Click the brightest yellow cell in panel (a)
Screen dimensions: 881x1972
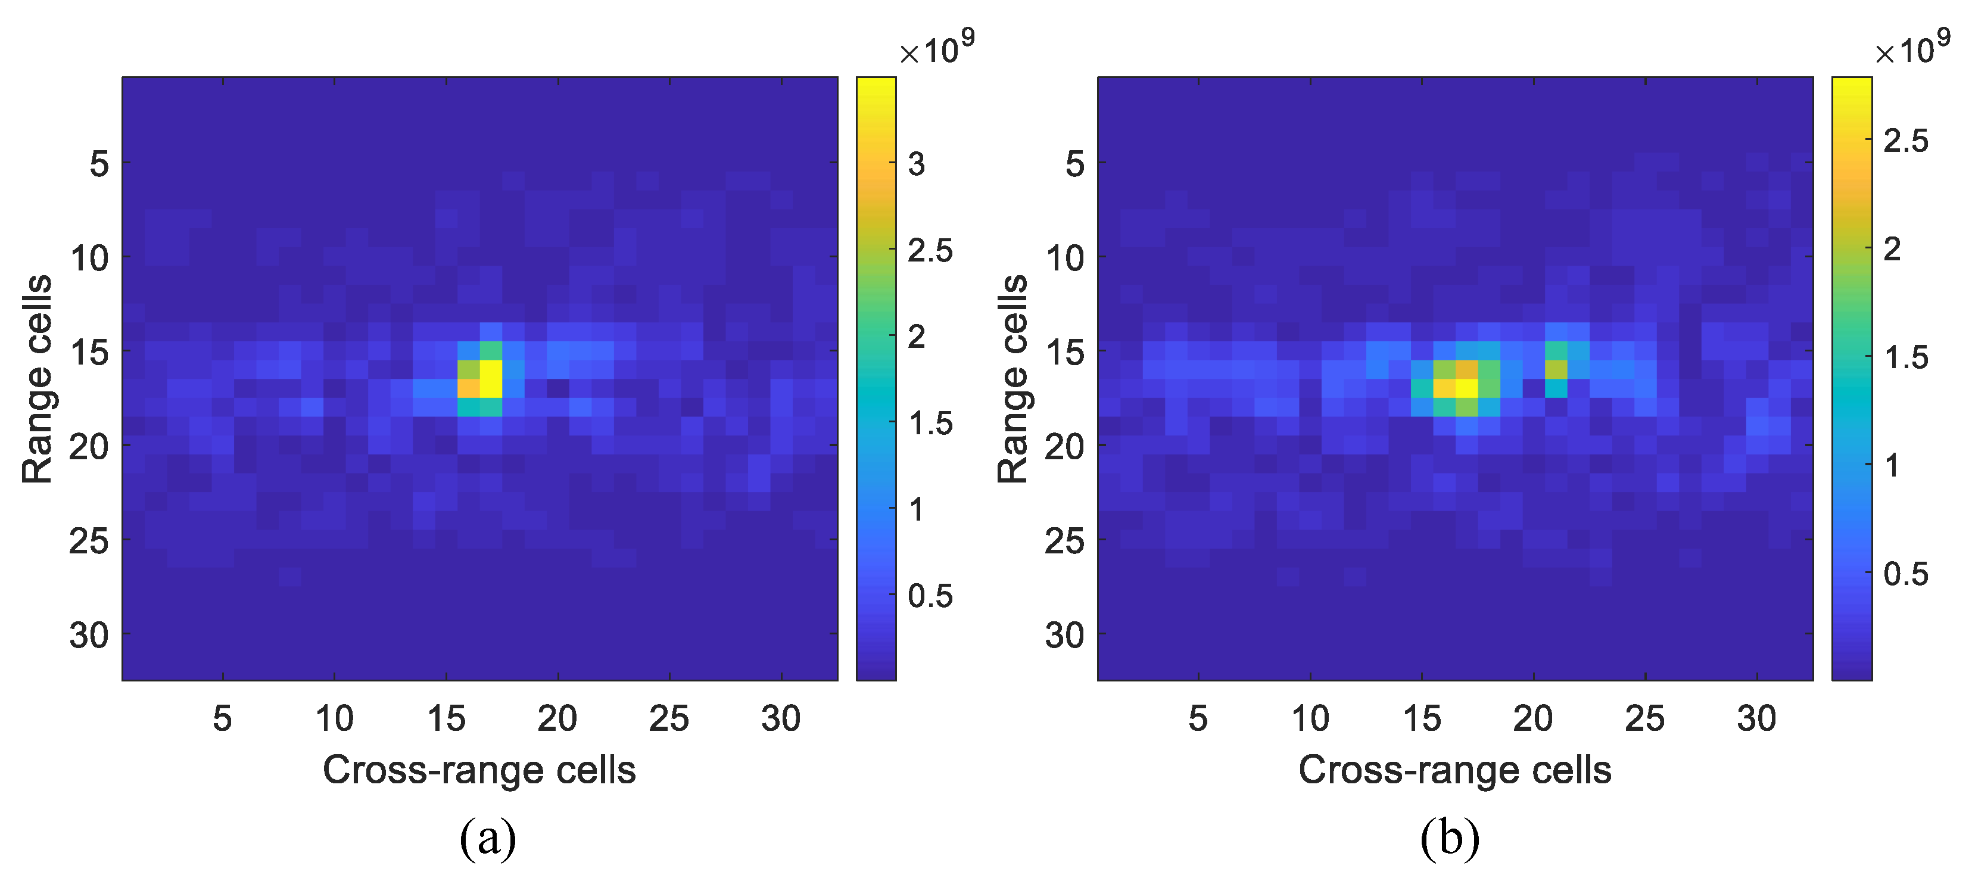pos(491,378)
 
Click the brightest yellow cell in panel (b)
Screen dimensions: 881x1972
pos(1467,388)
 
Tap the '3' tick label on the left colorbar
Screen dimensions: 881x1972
pos(917,164)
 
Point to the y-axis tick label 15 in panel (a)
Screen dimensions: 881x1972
pos(89,353)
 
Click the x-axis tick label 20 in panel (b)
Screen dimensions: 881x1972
pos(1532,719)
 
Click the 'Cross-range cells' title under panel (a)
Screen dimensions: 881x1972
pos(479,770)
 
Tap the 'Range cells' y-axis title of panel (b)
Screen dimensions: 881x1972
pos(1012,378)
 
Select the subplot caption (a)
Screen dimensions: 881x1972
pos(488,838)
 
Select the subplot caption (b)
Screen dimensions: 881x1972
pos(1449,838)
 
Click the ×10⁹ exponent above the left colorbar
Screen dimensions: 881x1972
pos(936,48)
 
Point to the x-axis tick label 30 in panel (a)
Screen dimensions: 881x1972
pos(780,719)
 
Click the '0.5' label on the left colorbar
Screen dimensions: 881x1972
pos(930,596)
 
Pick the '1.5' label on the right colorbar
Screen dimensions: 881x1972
pos(1905,357)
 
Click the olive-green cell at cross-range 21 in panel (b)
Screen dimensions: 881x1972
pos(1556,369)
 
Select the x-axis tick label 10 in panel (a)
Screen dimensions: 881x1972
pos(335,719)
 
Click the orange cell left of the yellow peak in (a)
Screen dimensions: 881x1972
pos(469,388)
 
